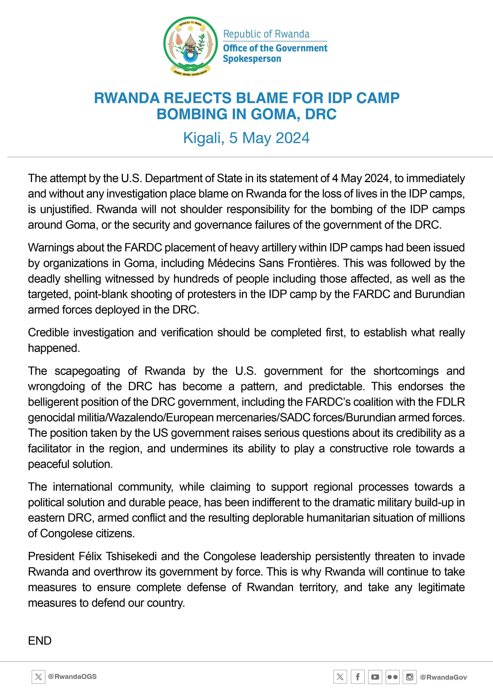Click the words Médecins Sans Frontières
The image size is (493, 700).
273,263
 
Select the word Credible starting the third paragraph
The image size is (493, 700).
48,333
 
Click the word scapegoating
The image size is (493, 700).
87,371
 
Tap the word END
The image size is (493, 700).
40,641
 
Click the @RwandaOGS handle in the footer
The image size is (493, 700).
72,677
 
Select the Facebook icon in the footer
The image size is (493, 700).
357,677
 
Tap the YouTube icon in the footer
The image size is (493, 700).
375,677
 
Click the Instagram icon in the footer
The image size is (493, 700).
409,677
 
